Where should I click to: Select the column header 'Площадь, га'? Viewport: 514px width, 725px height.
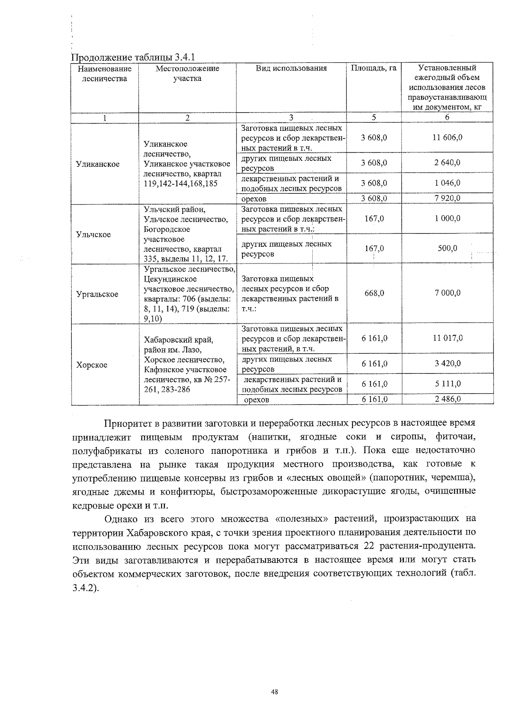point(374,68)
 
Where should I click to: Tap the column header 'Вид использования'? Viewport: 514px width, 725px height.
point(291,68)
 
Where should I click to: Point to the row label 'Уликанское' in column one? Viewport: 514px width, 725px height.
point(98,164)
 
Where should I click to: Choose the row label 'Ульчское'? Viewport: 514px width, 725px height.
point(93,234)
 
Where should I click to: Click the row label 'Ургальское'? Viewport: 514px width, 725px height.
point(97,294)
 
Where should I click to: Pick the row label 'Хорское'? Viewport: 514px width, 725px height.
point(92,365)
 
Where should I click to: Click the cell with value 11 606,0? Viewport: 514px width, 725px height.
point(447,138)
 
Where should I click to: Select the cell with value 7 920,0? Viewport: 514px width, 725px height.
point(447,198)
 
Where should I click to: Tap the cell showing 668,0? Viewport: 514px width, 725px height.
point(374,293)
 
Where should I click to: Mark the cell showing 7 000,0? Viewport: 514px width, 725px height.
point(447,293)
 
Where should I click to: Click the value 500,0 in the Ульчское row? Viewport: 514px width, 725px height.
point(447,249)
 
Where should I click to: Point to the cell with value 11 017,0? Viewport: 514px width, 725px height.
point(447,338)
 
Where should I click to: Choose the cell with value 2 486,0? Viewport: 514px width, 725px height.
point(447,399)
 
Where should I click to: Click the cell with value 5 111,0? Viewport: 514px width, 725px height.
point(447,384)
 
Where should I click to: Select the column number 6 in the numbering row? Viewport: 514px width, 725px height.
point(447,118)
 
